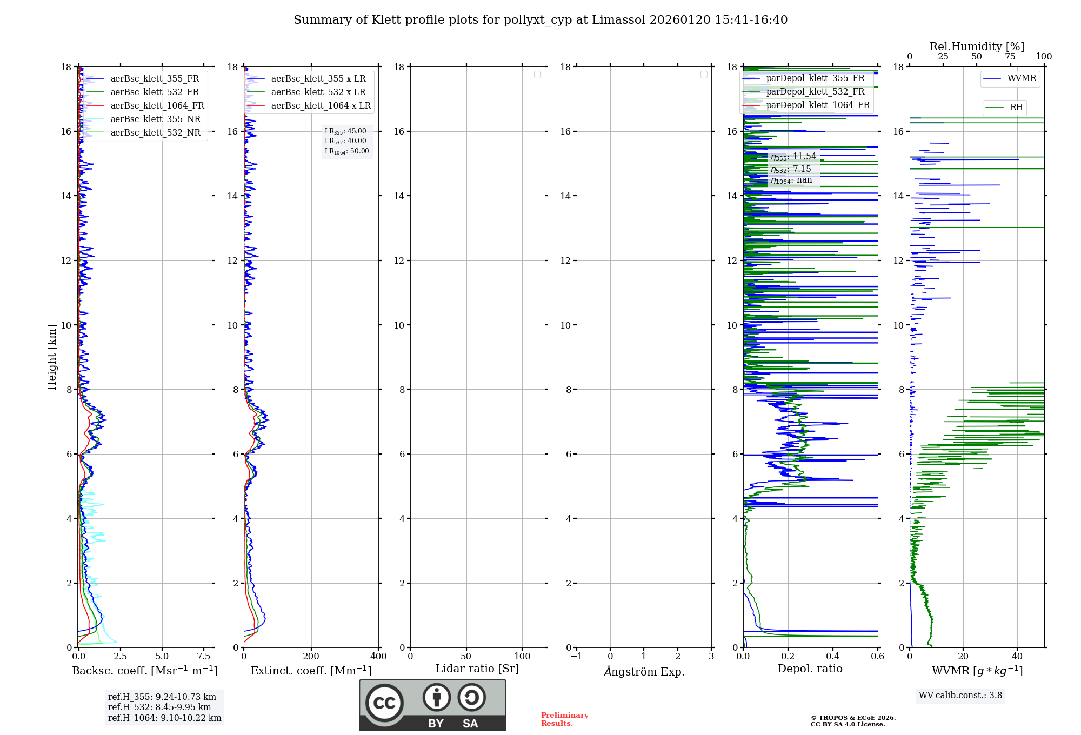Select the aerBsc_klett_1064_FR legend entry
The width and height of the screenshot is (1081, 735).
pos(157,106)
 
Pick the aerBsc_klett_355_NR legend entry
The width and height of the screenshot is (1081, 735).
pos(156,119)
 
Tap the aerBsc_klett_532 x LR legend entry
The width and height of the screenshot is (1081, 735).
pos(318,92)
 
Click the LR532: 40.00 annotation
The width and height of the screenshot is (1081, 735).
pos(345,141)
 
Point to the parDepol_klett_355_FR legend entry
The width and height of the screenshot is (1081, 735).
pos(815,78)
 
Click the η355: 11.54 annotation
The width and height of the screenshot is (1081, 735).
pos(793,157)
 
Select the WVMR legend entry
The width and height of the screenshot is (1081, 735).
pos(1022,78)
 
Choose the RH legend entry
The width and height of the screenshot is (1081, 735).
pos(1016,108)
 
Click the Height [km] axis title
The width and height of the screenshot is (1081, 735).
pos(52,357)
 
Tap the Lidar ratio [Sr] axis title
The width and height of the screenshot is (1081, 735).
pos(477,669)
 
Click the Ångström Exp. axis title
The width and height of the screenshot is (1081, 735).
pos(644,672)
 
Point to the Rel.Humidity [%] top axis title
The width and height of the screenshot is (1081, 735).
pos(977,46)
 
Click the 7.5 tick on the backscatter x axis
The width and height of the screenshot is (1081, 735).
pos(204,657)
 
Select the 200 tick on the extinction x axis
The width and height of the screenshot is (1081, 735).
pos(311,657)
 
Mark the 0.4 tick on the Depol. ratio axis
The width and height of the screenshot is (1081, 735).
pos(833,657)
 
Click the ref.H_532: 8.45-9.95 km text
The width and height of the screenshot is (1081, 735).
pos(159,707)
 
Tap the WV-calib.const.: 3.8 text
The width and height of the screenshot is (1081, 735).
pos(960,696)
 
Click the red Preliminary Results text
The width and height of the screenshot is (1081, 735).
pos(564,719)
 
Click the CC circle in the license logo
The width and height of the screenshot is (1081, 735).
pos(384,703)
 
